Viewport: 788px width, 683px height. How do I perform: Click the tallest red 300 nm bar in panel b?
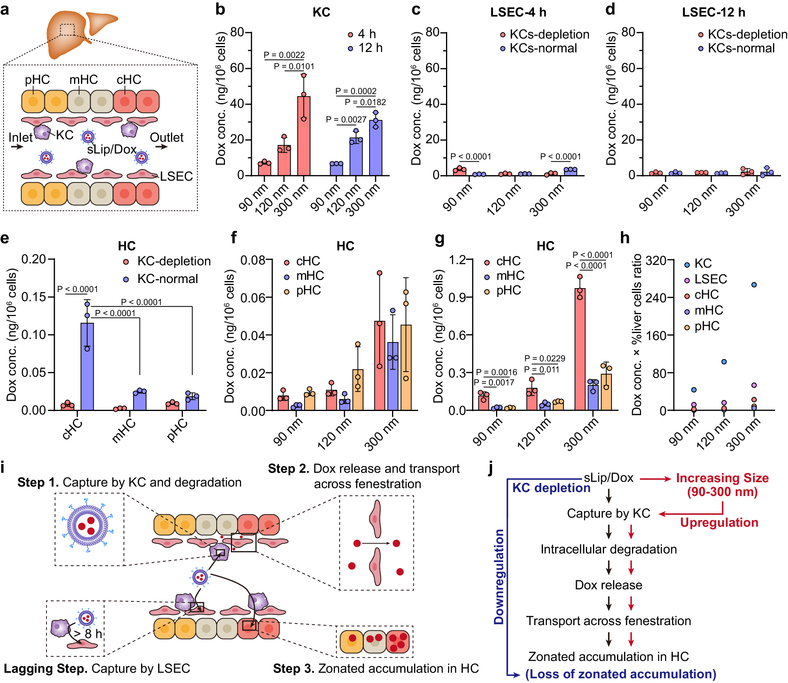point(303,136)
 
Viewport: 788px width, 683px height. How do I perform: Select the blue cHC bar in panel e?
point(87,366)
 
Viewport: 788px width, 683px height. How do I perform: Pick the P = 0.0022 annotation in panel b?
point(284,55)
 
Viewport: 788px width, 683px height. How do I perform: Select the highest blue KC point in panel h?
point(754,285)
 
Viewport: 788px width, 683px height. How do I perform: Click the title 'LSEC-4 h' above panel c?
point(518,12)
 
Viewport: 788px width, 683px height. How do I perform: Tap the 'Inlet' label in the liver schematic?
point(20,137)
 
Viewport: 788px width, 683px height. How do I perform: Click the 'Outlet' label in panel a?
point(166,137)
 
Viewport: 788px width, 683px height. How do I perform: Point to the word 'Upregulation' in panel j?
point(719,522)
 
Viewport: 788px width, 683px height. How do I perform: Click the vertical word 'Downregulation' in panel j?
point(499,577)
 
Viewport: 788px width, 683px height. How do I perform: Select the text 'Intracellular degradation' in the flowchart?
point(608,549)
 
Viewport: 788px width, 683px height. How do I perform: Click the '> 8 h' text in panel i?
point(87,634)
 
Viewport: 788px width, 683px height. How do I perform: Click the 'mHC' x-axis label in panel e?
point(124,431)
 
